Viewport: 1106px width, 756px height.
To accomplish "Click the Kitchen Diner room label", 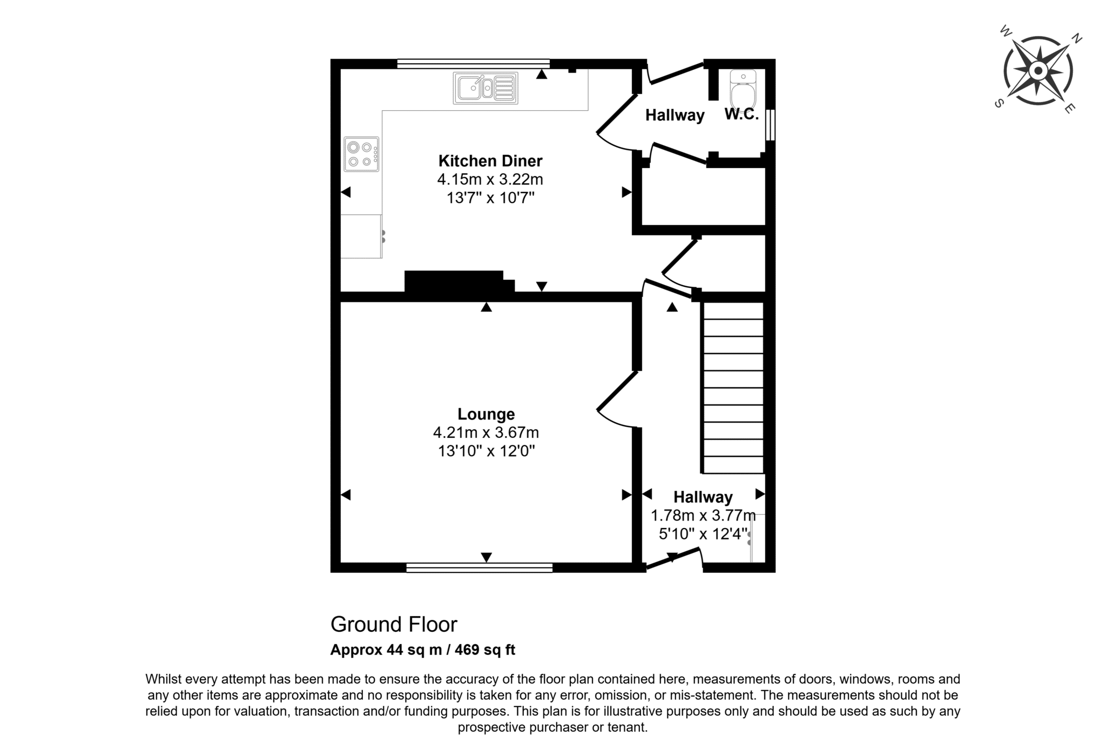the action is click(490, 161).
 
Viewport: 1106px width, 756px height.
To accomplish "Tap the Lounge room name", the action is click(486, 414).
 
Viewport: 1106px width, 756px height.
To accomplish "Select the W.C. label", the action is click(741, 114).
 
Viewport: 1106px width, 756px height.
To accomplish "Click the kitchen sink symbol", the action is click(485, 88).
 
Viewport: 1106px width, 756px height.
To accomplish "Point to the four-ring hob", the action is click(361, 154).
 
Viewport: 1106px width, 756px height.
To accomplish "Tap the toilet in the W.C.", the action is click(744, 90).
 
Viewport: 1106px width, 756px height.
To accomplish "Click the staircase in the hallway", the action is click(733, 388).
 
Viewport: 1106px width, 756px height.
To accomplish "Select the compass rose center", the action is click(1037, 71).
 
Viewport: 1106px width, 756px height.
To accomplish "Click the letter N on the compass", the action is click(1076, 38).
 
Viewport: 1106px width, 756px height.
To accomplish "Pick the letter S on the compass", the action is click(999, 104).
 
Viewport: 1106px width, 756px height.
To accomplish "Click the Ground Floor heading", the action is click(394, 625).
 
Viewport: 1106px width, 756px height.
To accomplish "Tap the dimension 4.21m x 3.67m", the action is click(486, 433).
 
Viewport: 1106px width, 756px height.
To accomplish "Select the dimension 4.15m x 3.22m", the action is click(490, 179).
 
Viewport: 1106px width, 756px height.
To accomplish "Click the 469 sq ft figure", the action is click(485, 650).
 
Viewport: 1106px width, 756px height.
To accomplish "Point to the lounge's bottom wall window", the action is click(480, 568).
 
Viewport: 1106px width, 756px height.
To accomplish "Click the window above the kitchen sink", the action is click(474, 63).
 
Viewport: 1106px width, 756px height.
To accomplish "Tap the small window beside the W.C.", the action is click(771, 125).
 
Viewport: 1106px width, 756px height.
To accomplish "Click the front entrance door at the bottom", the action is click(673, 559).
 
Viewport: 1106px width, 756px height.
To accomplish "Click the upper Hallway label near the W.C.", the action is click(675, 115).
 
